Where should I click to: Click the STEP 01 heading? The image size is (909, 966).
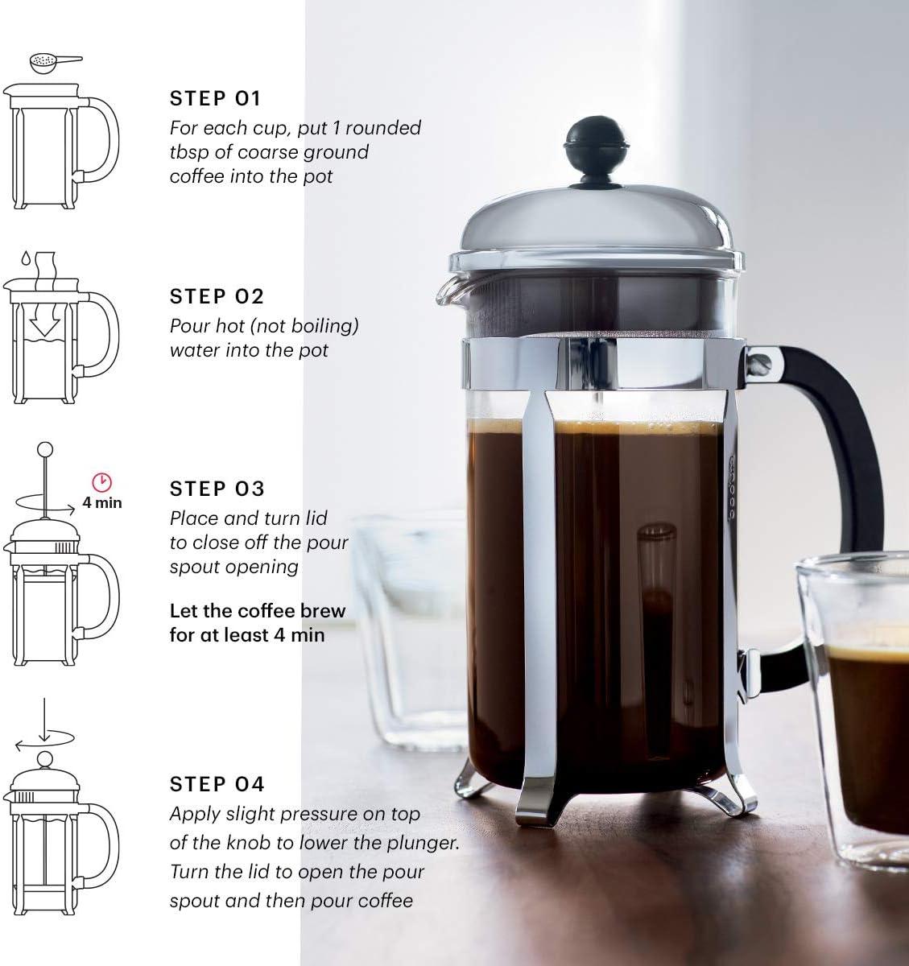215,99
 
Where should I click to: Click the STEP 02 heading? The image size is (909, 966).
217,296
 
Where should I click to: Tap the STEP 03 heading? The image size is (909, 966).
217,489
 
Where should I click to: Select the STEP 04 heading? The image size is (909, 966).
217,783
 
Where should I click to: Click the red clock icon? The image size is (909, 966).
102,482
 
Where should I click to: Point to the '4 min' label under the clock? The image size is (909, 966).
102,503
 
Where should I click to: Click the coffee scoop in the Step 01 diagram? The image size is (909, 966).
48,60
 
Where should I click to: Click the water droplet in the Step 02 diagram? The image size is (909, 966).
25,259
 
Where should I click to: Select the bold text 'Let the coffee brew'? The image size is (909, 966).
257,610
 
